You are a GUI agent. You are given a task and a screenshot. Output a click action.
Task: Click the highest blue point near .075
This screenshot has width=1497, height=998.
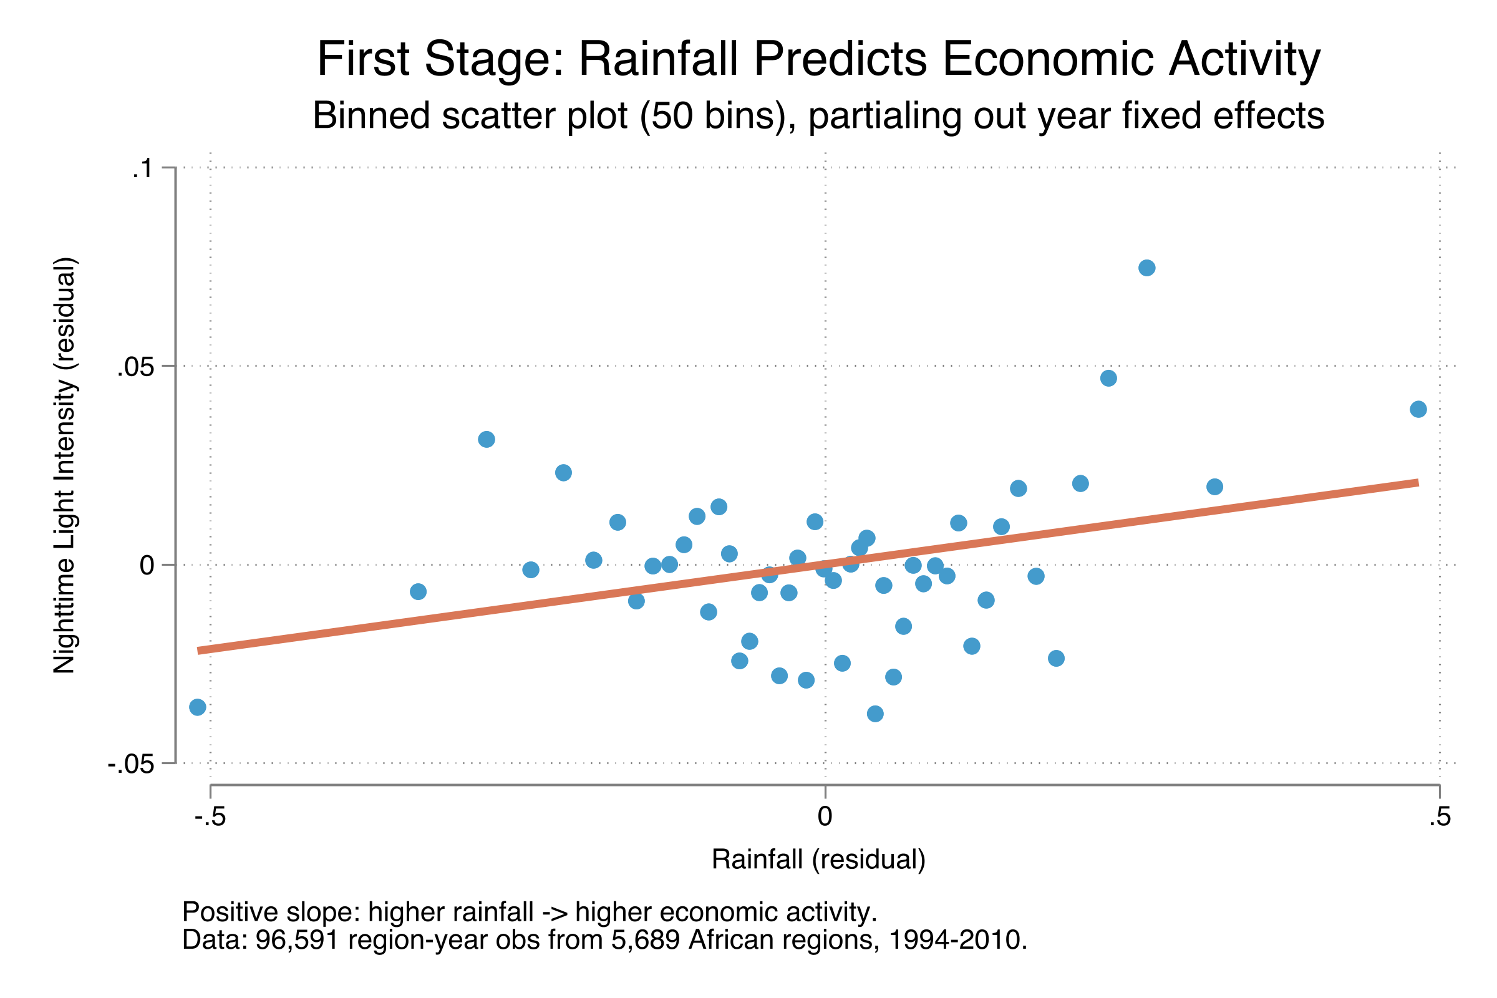[1147, 268]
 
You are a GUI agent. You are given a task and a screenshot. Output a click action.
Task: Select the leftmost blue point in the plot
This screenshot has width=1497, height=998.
[198, 707]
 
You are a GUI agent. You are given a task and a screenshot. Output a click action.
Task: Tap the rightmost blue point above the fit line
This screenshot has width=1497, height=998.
[1418, 409]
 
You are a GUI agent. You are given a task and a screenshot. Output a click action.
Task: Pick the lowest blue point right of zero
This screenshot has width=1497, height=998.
[875, 714]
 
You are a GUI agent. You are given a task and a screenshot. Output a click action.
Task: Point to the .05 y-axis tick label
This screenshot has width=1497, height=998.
[135, 368]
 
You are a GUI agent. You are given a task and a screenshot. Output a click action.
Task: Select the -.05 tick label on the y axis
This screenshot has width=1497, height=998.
[131, 765]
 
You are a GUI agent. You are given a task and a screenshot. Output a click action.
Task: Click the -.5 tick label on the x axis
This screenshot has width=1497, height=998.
[210, 816]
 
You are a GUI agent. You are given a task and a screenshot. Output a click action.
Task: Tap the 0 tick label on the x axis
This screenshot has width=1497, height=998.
[825, 816]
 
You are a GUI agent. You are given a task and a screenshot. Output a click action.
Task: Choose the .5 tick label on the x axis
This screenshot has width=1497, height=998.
[1440, 816]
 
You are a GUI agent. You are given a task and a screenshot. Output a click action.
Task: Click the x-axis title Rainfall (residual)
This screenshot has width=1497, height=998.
[818, 860]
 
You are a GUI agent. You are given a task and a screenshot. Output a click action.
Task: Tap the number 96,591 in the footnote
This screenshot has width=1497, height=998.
[297, 940]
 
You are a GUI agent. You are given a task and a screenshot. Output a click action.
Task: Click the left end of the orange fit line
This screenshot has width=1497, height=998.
[198, 651]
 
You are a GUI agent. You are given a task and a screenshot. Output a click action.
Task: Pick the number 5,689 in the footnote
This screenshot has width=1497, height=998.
[646, 940]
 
